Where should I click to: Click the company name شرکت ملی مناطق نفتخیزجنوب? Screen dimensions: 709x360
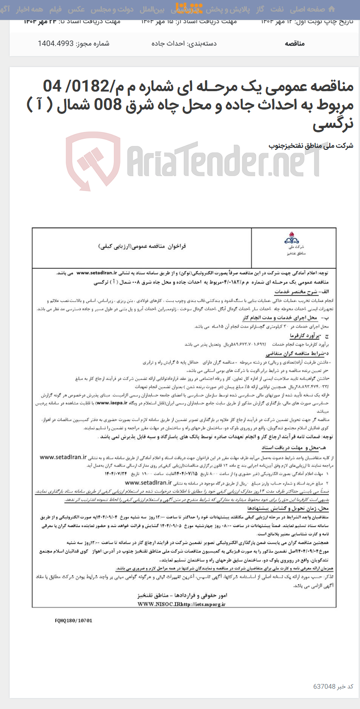tap(310, 145)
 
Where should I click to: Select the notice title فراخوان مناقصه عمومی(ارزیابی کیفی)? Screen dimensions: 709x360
tap(142, 247)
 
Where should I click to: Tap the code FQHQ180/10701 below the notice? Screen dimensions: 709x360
tap(74, 620)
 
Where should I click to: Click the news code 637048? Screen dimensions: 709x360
tap(324, 686)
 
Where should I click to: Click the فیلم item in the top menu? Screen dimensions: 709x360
tap(55, 9)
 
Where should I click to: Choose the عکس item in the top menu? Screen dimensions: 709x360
tap(76, 9)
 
